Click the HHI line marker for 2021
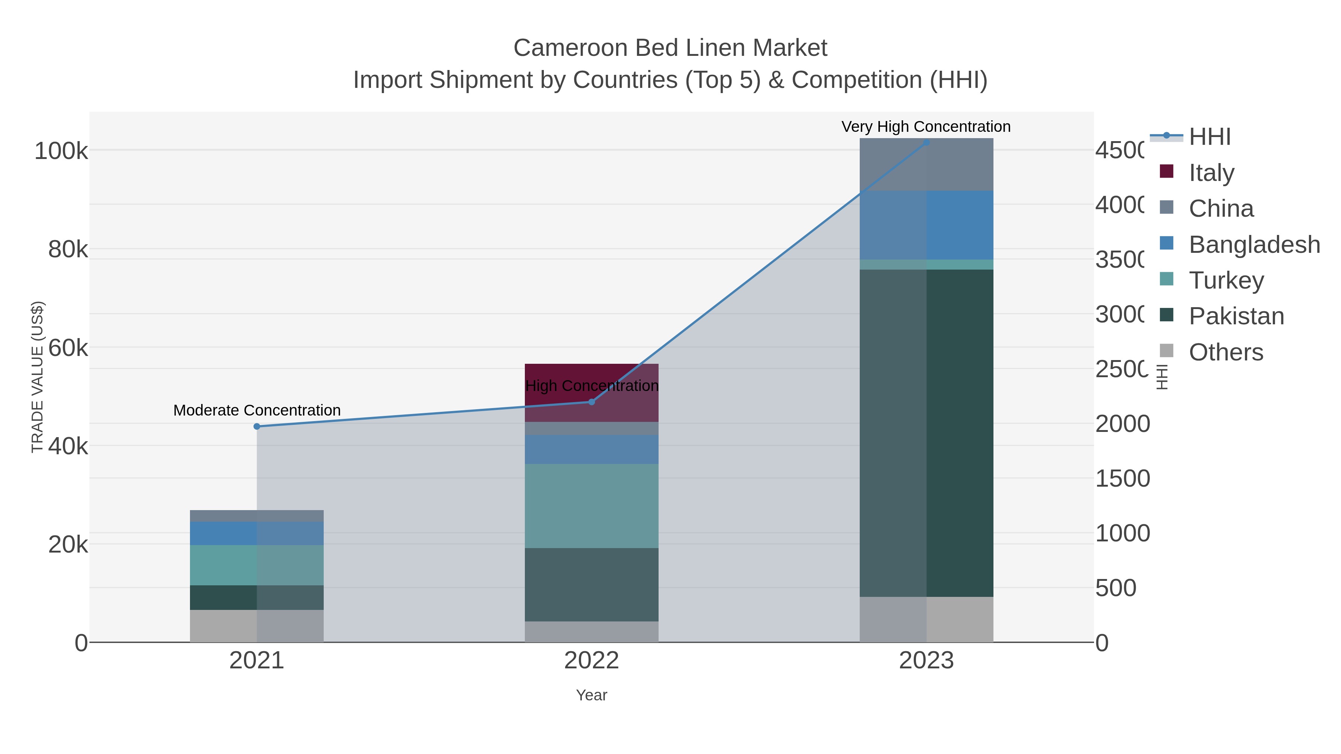[257, 427]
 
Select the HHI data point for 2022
[592, 402]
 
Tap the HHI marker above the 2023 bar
[926, 142]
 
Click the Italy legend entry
[1211, 173]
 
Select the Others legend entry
[1226, 352]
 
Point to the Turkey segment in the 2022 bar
[592, 506]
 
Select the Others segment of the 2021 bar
[257, 626]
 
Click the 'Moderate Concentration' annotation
[257, 411]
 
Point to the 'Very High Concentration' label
[926, 127]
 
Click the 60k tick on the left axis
[68, 348]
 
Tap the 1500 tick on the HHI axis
[1122, 479]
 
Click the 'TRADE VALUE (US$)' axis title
[38, 377]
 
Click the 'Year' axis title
[592, 695]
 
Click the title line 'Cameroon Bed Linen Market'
[670, 48]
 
